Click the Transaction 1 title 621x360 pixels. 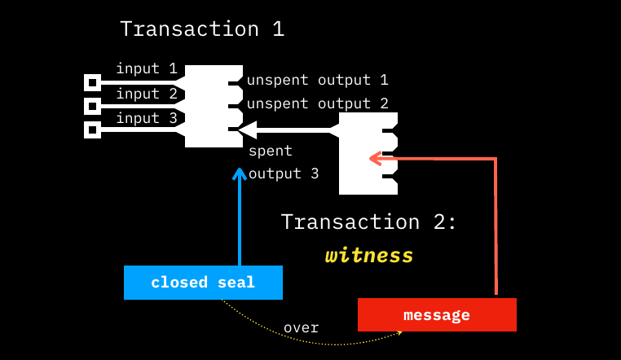click(202, 29)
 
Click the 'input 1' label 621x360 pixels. click(147, 68)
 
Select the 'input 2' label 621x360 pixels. click(147, 94)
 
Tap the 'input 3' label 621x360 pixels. click(147, 118)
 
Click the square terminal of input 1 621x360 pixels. click(93, 82)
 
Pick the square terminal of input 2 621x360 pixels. click(93, 106)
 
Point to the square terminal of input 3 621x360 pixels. click(93, 130)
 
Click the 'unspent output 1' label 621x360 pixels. click(317, 80)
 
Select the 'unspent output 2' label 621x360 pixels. click(317, 103)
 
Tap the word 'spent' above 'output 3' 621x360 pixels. click(270, 151)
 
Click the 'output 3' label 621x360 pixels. click(284, 173)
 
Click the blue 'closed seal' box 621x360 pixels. click(203, 283)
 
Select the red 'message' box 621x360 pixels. click(437, 315)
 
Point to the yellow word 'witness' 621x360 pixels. click(369, 256)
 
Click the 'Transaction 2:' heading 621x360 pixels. click(369, 222)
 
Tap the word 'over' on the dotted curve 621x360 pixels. click(301, 327)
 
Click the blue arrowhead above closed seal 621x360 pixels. click(239, 173)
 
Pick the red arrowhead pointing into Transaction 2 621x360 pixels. click(375, 158)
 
